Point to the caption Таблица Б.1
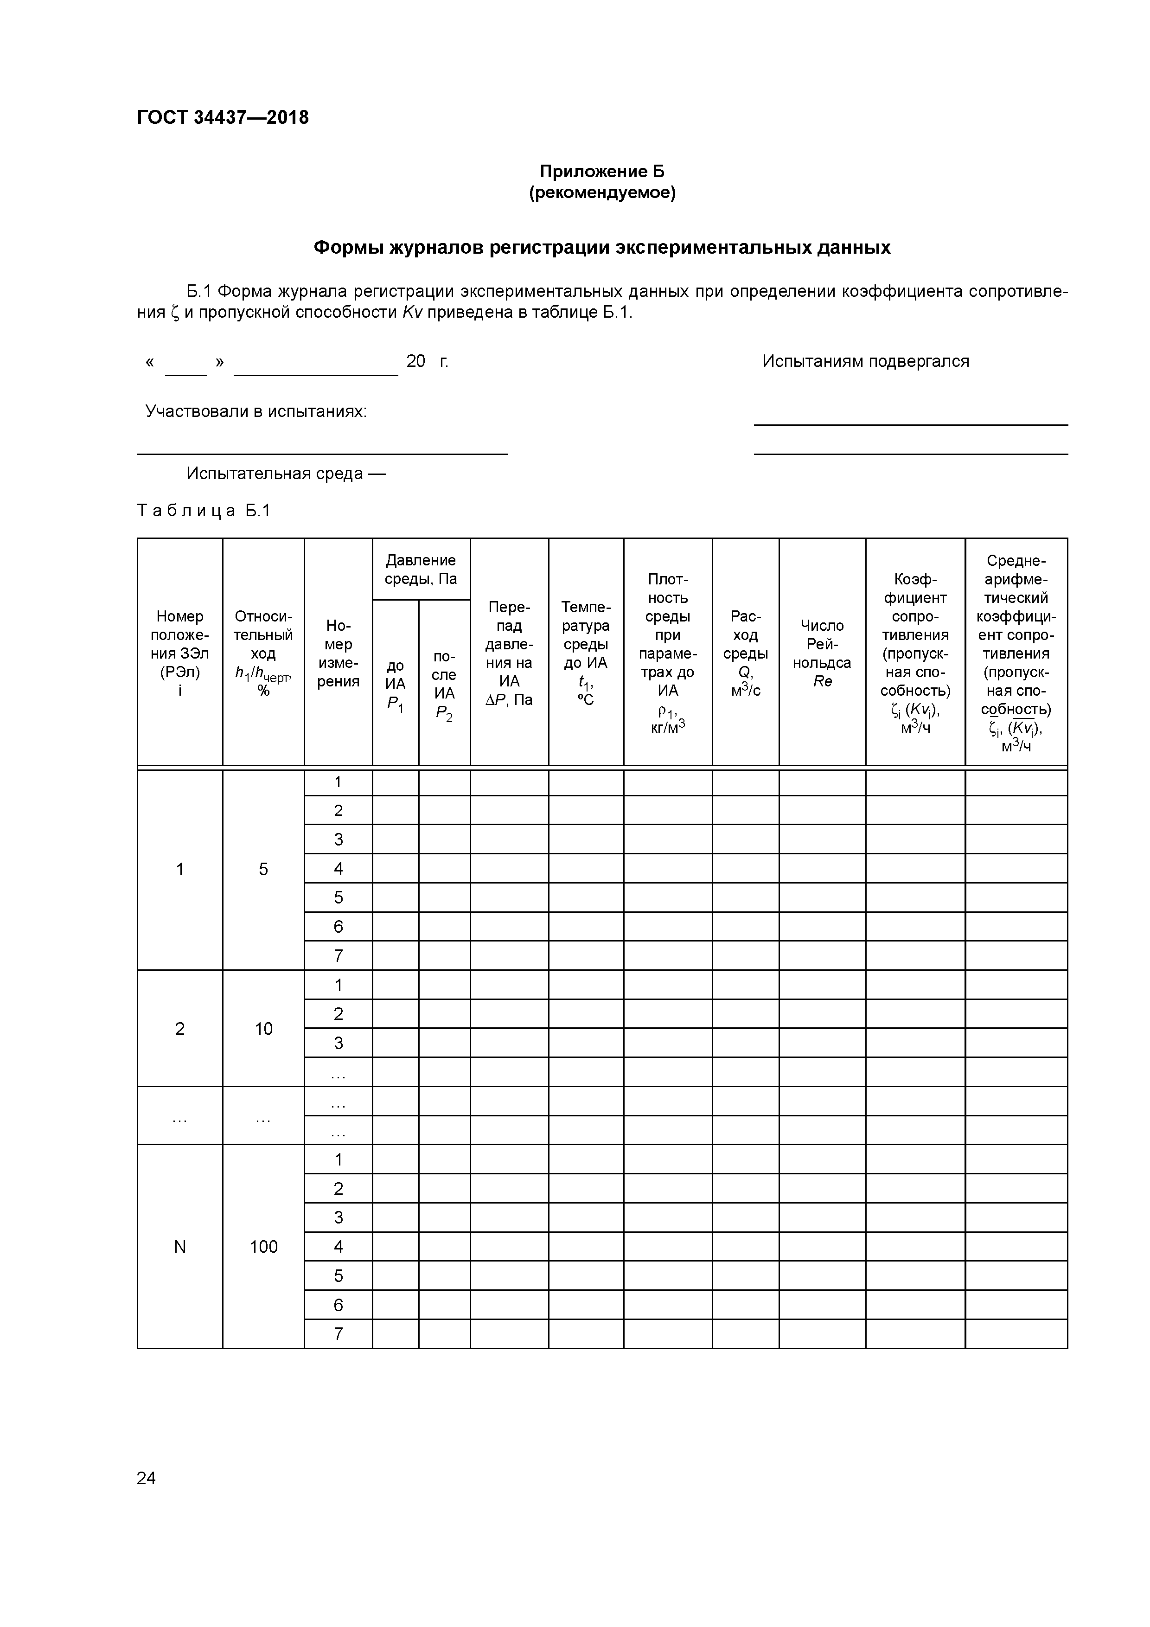(204, 511)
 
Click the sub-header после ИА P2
(444, 684)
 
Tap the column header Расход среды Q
(745, 653)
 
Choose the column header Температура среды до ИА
(585, 653)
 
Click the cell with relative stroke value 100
(263, 1247)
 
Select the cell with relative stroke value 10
(263, 1028)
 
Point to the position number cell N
(179, 1247)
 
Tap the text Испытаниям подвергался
(865, 361)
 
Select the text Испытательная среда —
(286, 474)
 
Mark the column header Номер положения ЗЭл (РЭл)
(179, 653)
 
